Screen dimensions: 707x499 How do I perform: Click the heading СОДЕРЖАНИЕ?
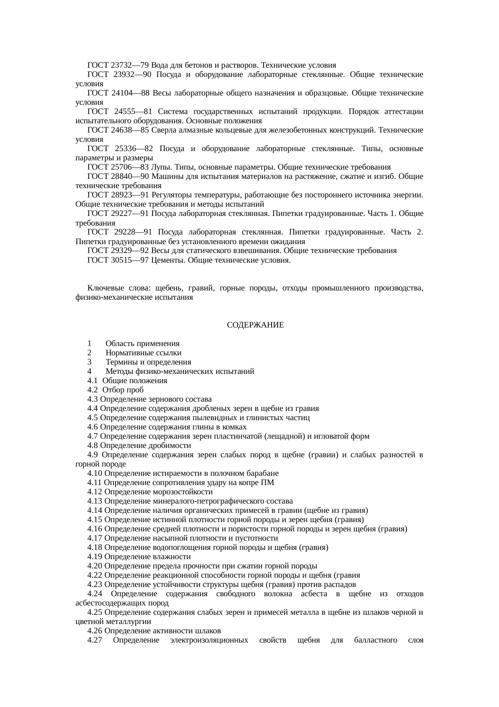point(255,325)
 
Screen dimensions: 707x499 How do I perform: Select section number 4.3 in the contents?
point(93,399)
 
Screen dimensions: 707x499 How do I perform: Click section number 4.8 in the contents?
point(93,446)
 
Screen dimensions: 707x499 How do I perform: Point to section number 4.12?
point(95,492)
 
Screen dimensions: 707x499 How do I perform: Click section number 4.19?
point(95,557)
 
